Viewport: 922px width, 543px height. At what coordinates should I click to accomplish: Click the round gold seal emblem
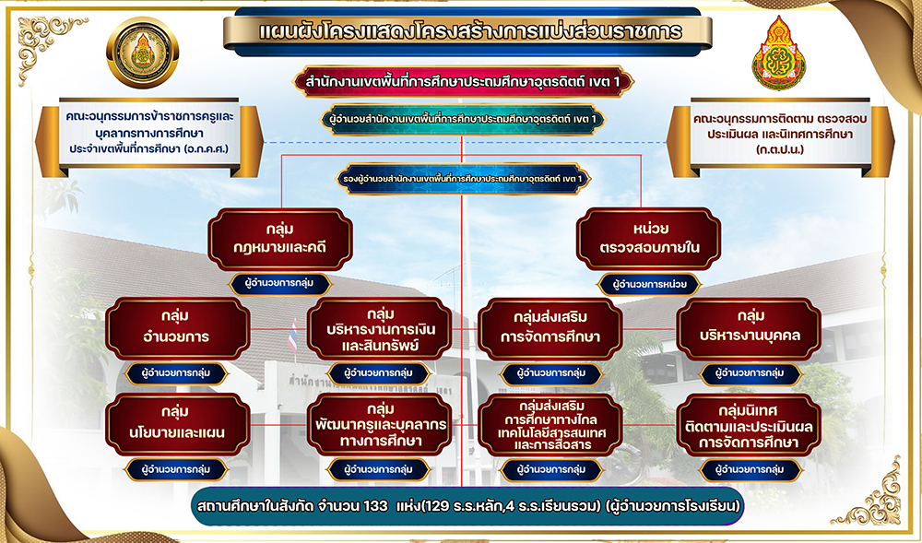tap(142, 53)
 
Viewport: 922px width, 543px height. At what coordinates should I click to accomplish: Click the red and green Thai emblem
tap(778, 53)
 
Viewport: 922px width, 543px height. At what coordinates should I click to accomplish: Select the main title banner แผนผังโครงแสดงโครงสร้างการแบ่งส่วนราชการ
tap(467, 31)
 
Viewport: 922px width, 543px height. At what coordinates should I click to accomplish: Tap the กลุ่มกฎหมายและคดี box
tap(280, 239)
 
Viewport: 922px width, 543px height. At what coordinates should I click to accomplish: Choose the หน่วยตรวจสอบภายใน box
tap(648, 239)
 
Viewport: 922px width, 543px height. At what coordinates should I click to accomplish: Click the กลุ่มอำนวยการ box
tap(178, 328)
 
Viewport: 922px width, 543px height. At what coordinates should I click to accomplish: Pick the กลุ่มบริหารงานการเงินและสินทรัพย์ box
tap(380, 328)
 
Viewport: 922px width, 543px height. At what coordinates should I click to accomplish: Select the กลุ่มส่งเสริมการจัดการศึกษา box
tap(550, 328)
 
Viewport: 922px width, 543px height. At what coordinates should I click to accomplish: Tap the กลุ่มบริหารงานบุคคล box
tap(749, 328)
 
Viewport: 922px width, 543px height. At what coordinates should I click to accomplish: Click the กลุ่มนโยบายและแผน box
tap(178, 425)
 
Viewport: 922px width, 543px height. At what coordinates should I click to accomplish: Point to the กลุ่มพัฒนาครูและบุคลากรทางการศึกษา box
tap(380, 425)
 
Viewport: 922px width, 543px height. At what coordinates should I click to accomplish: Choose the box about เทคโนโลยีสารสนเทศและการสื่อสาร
tap(550, 425)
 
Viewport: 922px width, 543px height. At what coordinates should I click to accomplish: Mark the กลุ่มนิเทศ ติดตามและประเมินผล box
tap(749, 425)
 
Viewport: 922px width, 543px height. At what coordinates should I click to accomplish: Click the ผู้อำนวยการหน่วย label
tap(649, 285)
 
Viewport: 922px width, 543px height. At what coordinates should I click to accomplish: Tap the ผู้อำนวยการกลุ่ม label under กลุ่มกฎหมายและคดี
tap(280, 283)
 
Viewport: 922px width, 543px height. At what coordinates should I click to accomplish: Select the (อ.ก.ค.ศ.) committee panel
tap(148, 137)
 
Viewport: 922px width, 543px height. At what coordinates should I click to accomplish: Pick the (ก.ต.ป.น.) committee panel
tap(780, 137)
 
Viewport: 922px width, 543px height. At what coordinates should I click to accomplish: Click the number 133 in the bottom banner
tap(371, 506)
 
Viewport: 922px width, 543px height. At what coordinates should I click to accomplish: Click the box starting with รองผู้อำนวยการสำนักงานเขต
tap(463, 179)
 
